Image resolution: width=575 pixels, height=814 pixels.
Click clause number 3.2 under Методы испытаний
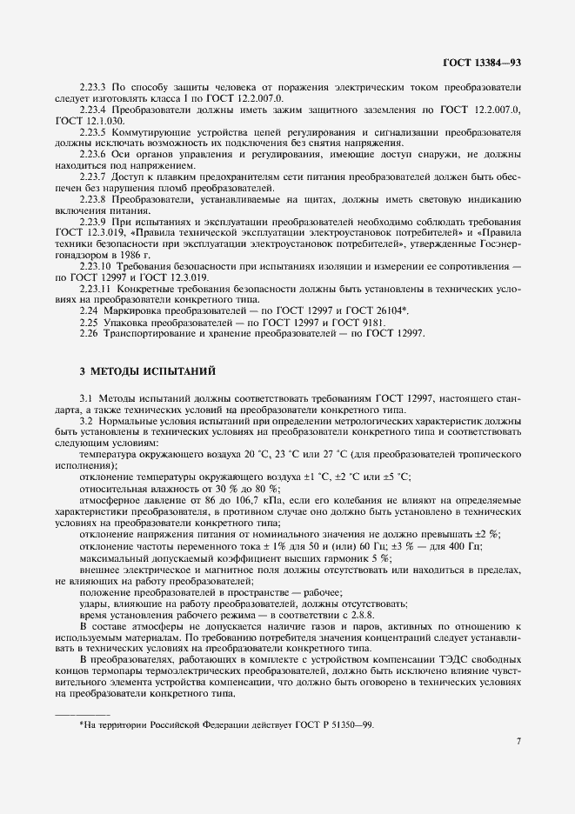point(86,421)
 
